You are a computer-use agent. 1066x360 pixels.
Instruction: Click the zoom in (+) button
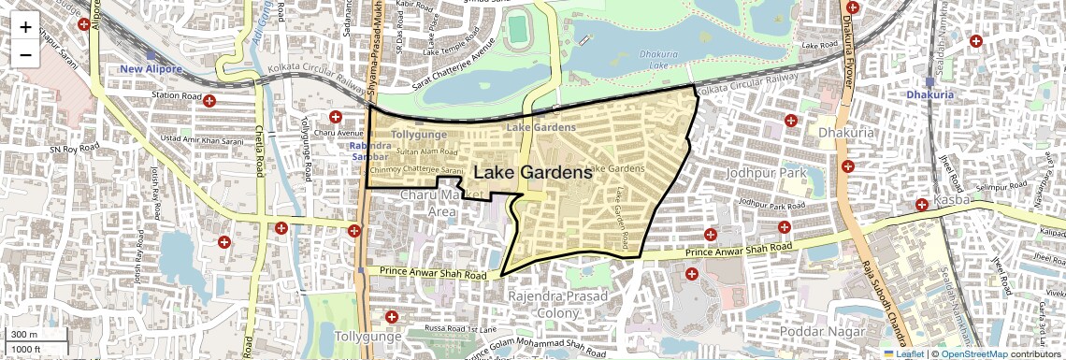25,27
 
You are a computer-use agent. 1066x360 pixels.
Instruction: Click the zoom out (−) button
25,54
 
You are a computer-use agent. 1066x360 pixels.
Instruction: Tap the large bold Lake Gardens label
533,173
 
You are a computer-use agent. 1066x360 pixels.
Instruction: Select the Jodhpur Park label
766,174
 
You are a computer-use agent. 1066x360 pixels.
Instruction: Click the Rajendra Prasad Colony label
557,304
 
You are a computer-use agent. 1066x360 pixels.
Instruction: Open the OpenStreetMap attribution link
973,354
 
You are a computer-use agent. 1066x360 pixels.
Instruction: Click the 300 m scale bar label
24,335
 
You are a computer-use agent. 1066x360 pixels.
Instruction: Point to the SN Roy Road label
74,148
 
